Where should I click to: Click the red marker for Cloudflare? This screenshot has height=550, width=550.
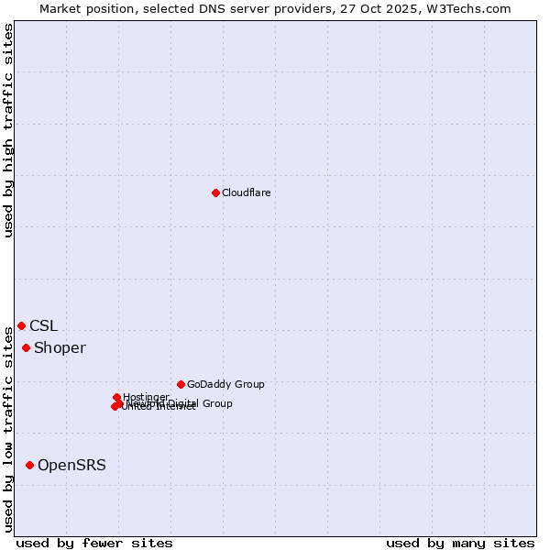[215, 192]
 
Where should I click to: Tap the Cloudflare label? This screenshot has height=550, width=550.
[246, 192]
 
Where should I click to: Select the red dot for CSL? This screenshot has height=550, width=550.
[21, 325]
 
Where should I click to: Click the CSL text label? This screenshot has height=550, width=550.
[43, 325]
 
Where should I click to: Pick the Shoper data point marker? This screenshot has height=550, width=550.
[26, 347]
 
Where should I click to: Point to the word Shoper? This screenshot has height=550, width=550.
[60, 347]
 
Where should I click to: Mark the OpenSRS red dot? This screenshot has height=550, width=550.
[29, 465]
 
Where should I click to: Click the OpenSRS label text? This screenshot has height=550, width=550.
[71, 465]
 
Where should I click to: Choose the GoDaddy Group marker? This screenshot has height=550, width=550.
[181, 384]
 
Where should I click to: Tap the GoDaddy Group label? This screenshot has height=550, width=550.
[225, 384]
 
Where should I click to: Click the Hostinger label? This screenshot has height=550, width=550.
[146, 397]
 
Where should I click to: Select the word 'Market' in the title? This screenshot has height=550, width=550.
[61, 8]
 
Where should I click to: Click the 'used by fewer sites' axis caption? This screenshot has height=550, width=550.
[94, 543]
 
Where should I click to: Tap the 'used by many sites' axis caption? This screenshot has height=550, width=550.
[460, 543]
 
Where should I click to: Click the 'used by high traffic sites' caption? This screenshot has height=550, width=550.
[8, 130]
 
